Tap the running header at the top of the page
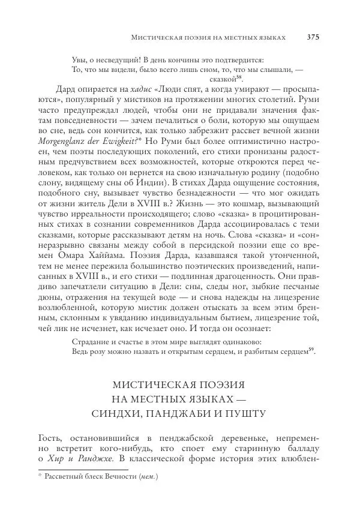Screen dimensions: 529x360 coord(208,37)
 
